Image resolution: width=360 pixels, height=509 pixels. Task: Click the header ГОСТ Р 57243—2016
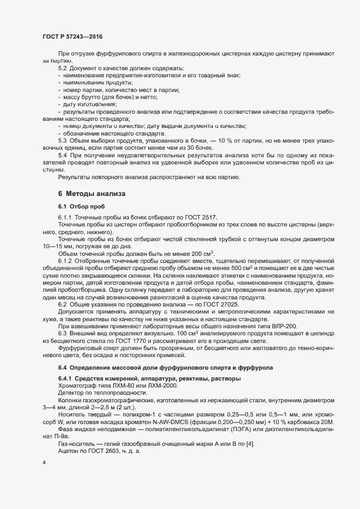pyautogui.click(x=72, y=36)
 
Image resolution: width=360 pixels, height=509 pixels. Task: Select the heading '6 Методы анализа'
pyautogui.click(x=91, y=194)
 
